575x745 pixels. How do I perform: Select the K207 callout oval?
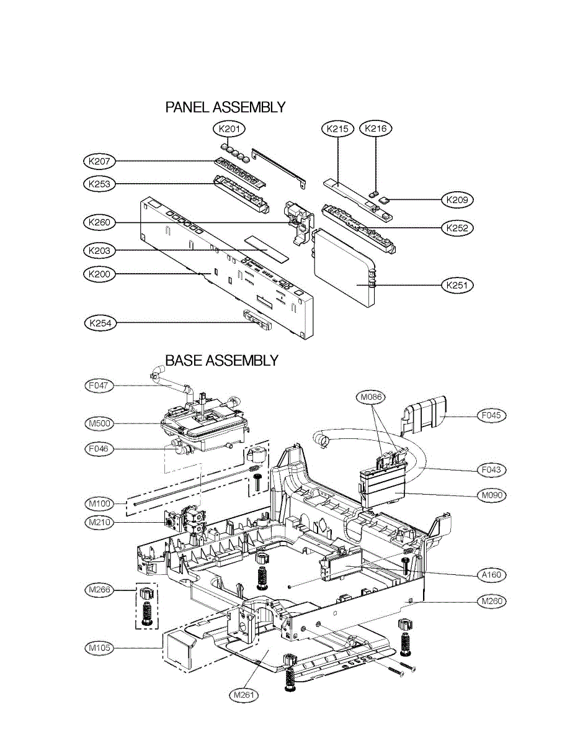coord(100,161)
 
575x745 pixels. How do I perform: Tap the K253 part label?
coord(100,184)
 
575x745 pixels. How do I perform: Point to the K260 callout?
coord(100,222)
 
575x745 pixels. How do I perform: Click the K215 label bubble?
coord(337,129)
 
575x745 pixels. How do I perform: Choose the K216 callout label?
coord(376,129)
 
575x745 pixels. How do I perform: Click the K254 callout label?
coord(100,323)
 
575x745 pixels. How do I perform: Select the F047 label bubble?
coord(99,386)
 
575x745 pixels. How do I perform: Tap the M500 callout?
coord(99,423)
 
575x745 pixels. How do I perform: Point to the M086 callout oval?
coord(372,395)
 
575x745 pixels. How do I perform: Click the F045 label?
coord(492,415)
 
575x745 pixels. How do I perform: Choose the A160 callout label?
coord(491,575)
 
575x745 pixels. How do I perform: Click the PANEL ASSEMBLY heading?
coord(225,107)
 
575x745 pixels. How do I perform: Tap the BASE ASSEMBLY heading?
coord(221,360)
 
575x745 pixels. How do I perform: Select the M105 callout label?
coord(99,648)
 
